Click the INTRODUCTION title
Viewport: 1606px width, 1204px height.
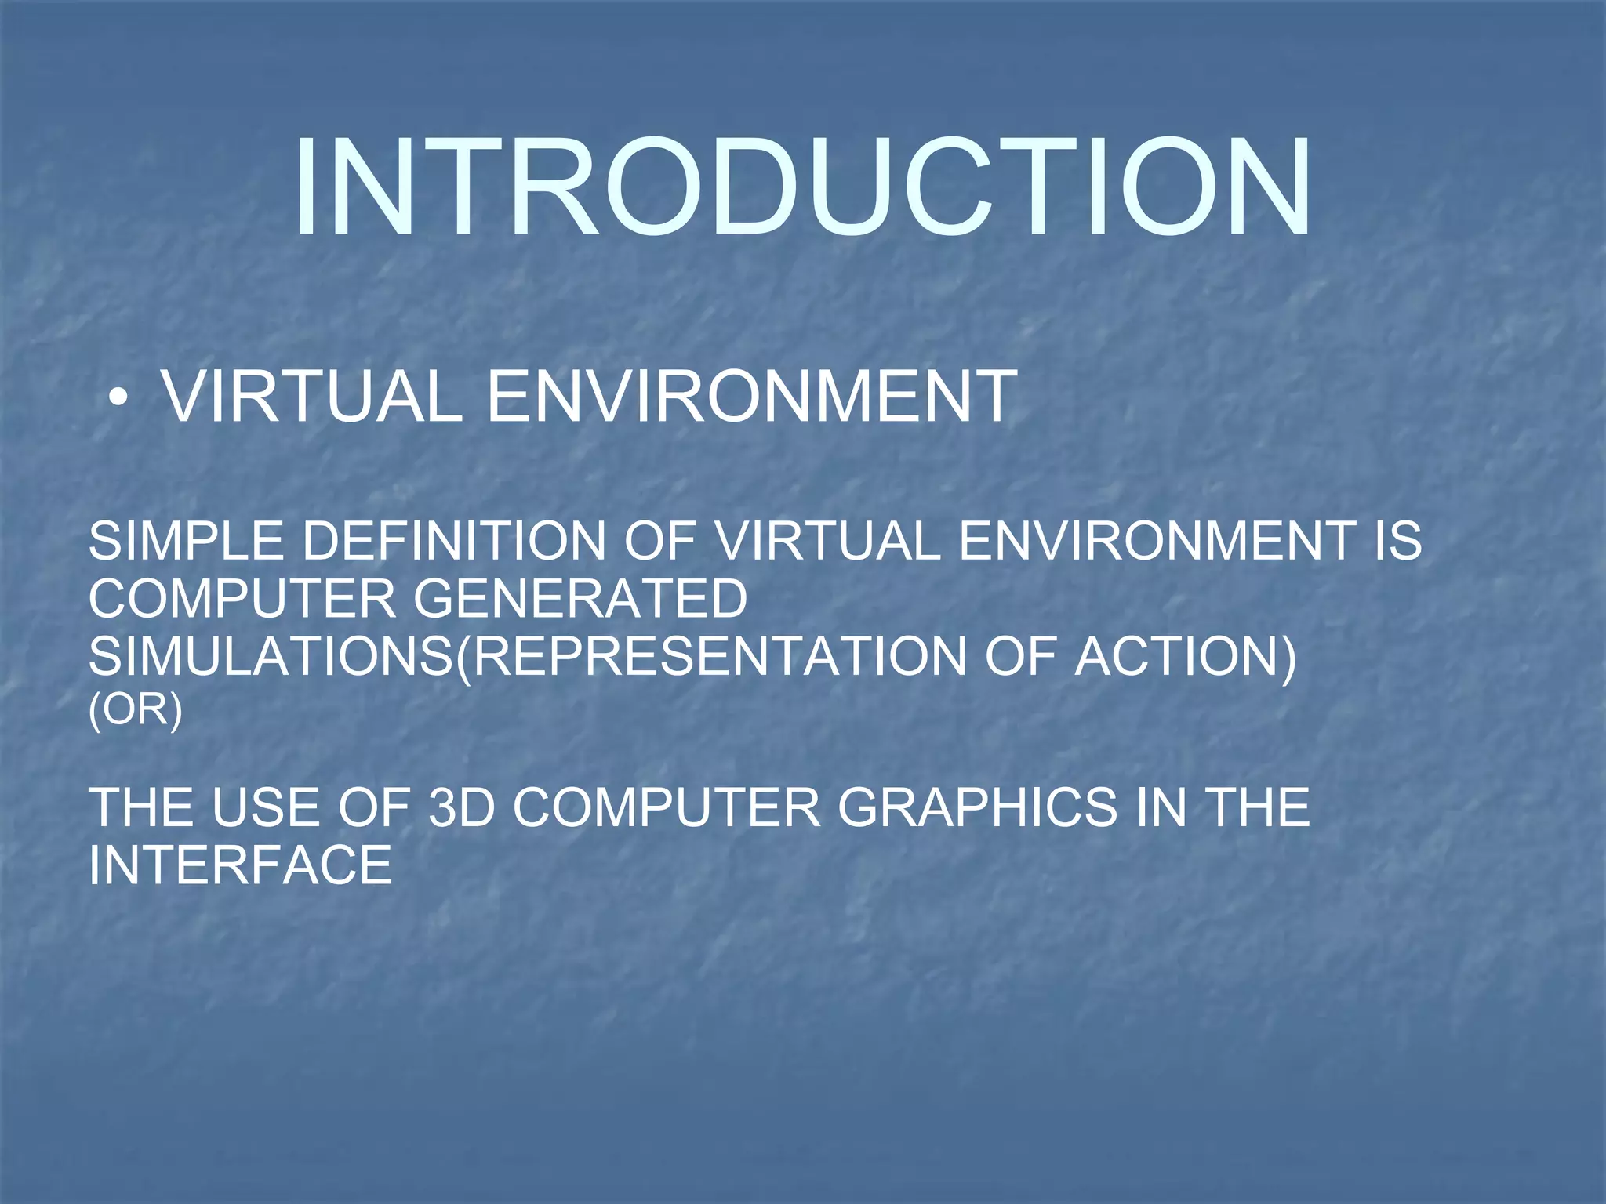pyautogui.click(x=801, y=188)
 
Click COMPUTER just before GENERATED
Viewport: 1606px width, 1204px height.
pyautogui.click(x=242, y=599)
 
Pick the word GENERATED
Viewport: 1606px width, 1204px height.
pyautogui.click(x=580, y=599)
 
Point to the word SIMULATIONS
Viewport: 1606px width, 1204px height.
pyautogui.click(x=271, y=656)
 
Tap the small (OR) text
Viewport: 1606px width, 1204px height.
pyautogui.click(x=135, y=710)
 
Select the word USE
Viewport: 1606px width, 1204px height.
pyautogui.click(x=264, y=807)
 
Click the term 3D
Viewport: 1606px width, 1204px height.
pyautogui.click(x=462, y=807)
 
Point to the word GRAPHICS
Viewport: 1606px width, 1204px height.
pyautogui.click(x=977, y=807)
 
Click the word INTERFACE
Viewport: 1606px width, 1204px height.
pyautogui.click(x=240, y=865)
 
